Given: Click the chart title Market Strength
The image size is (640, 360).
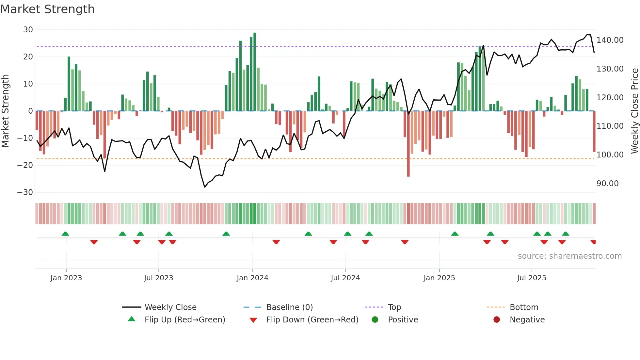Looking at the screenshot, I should point(47,9).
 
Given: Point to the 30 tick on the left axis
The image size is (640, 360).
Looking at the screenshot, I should point(28,30).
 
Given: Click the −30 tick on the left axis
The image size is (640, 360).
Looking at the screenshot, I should point(25,192).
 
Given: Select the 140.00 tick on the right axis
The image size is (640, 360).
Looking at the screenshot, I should point(610,40).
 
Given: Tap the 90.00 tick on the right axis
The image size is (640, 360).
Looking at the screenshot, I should point(607,184).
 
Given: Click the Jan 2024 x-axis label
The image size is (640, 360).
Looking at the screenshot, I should point(252,278).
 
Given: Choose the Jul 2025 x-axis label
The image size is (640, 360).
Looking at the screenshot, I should point(532,278).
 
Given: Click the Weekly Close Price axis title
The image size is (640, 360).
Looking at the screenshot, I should point(634,111).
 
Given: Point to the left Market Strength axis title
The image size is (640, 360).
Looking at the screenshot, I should point(6,111).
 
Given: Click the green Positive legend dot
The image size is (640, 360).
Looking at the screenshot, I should point(375,320).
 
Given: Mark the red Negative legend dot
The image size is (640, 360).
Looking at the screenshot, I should point(497,320).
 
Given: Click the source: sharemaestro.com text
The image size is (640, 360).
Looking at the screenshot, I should point(569,256).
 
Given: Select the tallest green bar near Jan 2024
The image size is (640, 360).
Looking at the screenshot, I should point(255,72).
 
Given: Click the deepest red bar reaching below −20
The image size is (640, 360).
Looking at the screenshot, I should point(408,144).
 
